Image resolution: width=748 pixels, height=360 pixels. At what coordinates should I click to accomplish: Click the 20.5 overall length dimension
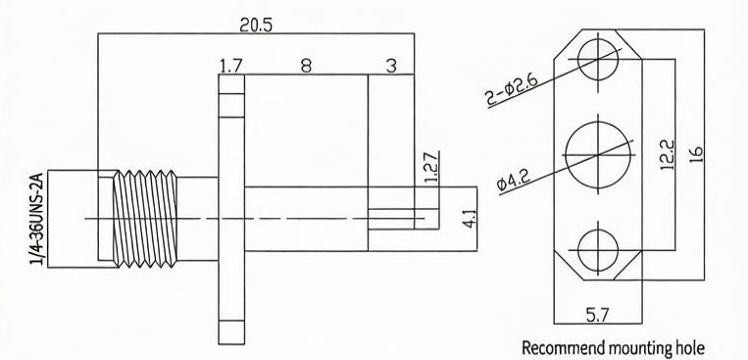click(x=256, y=25)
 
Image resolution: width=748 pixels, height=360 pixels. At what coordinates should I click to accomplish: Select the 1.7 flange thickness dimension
click(x=230, y=66)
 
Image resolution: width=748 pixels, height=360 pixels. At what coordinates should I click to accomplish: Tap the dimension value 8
click(x=306, y=66)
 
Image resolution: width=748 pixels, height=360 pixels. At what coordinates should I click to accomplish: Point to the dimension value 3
click(x=391, y=66)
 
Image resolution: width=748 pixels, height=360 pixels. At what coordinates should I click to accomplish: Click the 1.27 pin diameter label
click(x=431, y=167)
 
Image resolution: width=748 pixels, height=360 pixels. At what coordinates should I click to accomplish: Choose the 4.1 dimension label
click(x=471, y=218)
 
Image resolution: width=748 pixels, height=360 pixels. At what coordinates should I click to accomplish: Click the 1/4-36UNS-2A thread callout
click(x=37, y=219)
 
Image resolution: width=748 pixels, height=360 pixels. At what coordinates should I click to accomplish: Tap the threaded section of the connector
click(x=145, y=219)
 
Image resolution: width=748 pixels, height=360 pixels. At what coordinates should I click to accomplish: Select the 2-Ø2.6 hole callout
click(x=512, y=89)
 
